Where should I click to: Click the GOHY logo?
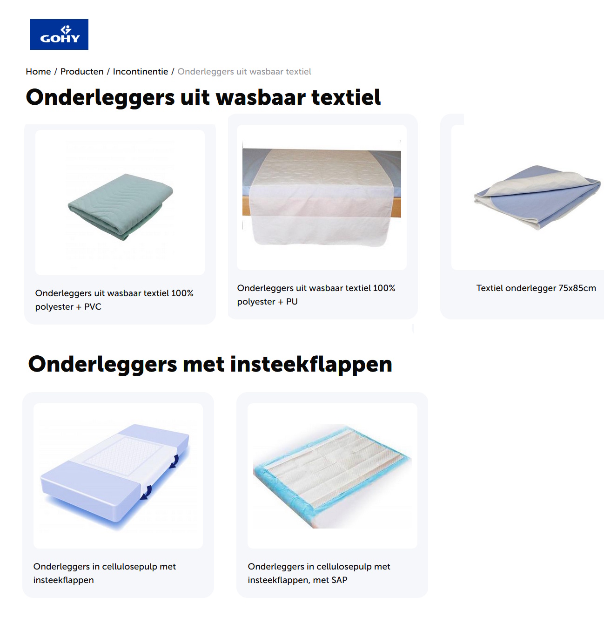(x=59, y=34)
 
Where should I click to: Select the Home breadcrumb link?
(x=38, y=72)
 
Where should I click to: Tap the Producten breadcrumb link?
(x=82, y=72)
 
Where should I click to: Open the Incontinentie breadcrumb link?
(x=140, y=72)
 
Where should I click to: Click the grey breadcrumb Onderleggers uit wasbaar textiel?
(x=244, y=72)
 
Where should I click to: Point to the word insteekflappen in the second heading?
(x=311, y=365)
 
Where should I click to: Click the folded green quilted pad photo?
(x=121, y=206)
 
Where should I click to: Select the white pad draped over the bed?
(x=321, y=196)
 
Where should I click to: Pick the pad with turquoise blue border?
(x=332, y=475)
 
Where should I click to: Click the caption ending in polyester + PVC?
(x=114, y=300)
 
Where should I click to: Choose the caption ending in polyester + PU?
(x=316, y=295)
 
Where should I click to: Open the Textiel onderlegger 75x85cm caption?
(x=536, y=288)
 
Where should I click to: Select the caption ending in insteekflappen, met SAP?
(x=319, y=573)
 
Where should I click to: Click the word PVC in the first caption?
(x=93, y=307)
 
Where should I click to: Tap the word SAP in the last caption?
(x=339, y=580)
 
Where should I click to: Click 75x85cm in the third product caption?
(x=577, y=288)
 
